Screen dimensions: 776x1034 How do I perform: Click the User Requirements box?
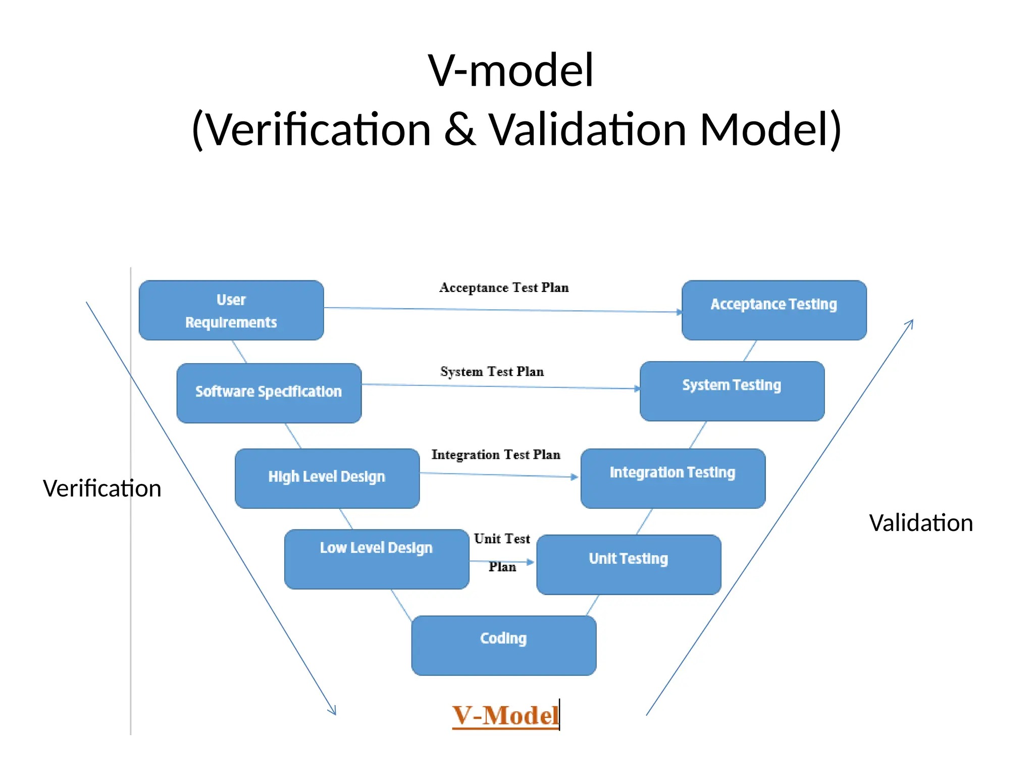point(231,310)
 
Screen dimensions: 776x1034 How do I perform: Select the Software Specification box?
point(269,393)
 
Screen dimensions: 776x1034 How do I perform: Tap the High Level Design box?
point(327,478)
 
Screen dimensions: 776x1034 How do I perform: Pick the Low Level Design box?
point(377,559)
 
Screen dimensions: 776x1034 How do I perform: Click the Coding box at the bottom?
point(504,645)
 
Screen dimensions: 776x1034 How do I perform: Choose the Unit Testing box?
point(629,564)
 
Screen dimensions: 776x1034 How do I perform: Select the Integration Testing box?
point(673,478)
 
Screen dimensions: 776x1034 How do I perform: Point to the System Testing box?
point(732,391)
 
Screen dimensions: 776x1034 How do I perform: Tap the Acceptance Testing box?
point(774,310)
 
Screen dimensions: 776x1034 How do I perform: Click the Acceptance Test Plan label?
point(504,288)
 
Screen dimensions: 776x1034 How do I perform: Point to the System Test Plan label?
point(492,372)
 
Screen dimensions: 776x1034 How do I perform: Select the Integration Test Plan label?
point(496,455)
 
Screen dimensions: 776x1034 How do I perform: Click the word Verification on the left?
point(102,489)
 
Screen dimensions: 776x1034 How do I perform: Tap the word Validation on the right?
point(921,523)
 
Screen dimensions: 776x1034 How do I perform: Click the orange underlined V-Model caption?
point(505,715)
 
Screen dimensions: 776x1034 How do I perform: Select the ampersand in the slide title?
point(459,129)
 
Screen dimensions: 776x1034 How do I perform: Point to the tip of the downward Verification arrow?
point(335,714)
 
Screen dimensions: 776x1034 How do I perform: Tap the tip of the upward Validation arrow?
point(913,320)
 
